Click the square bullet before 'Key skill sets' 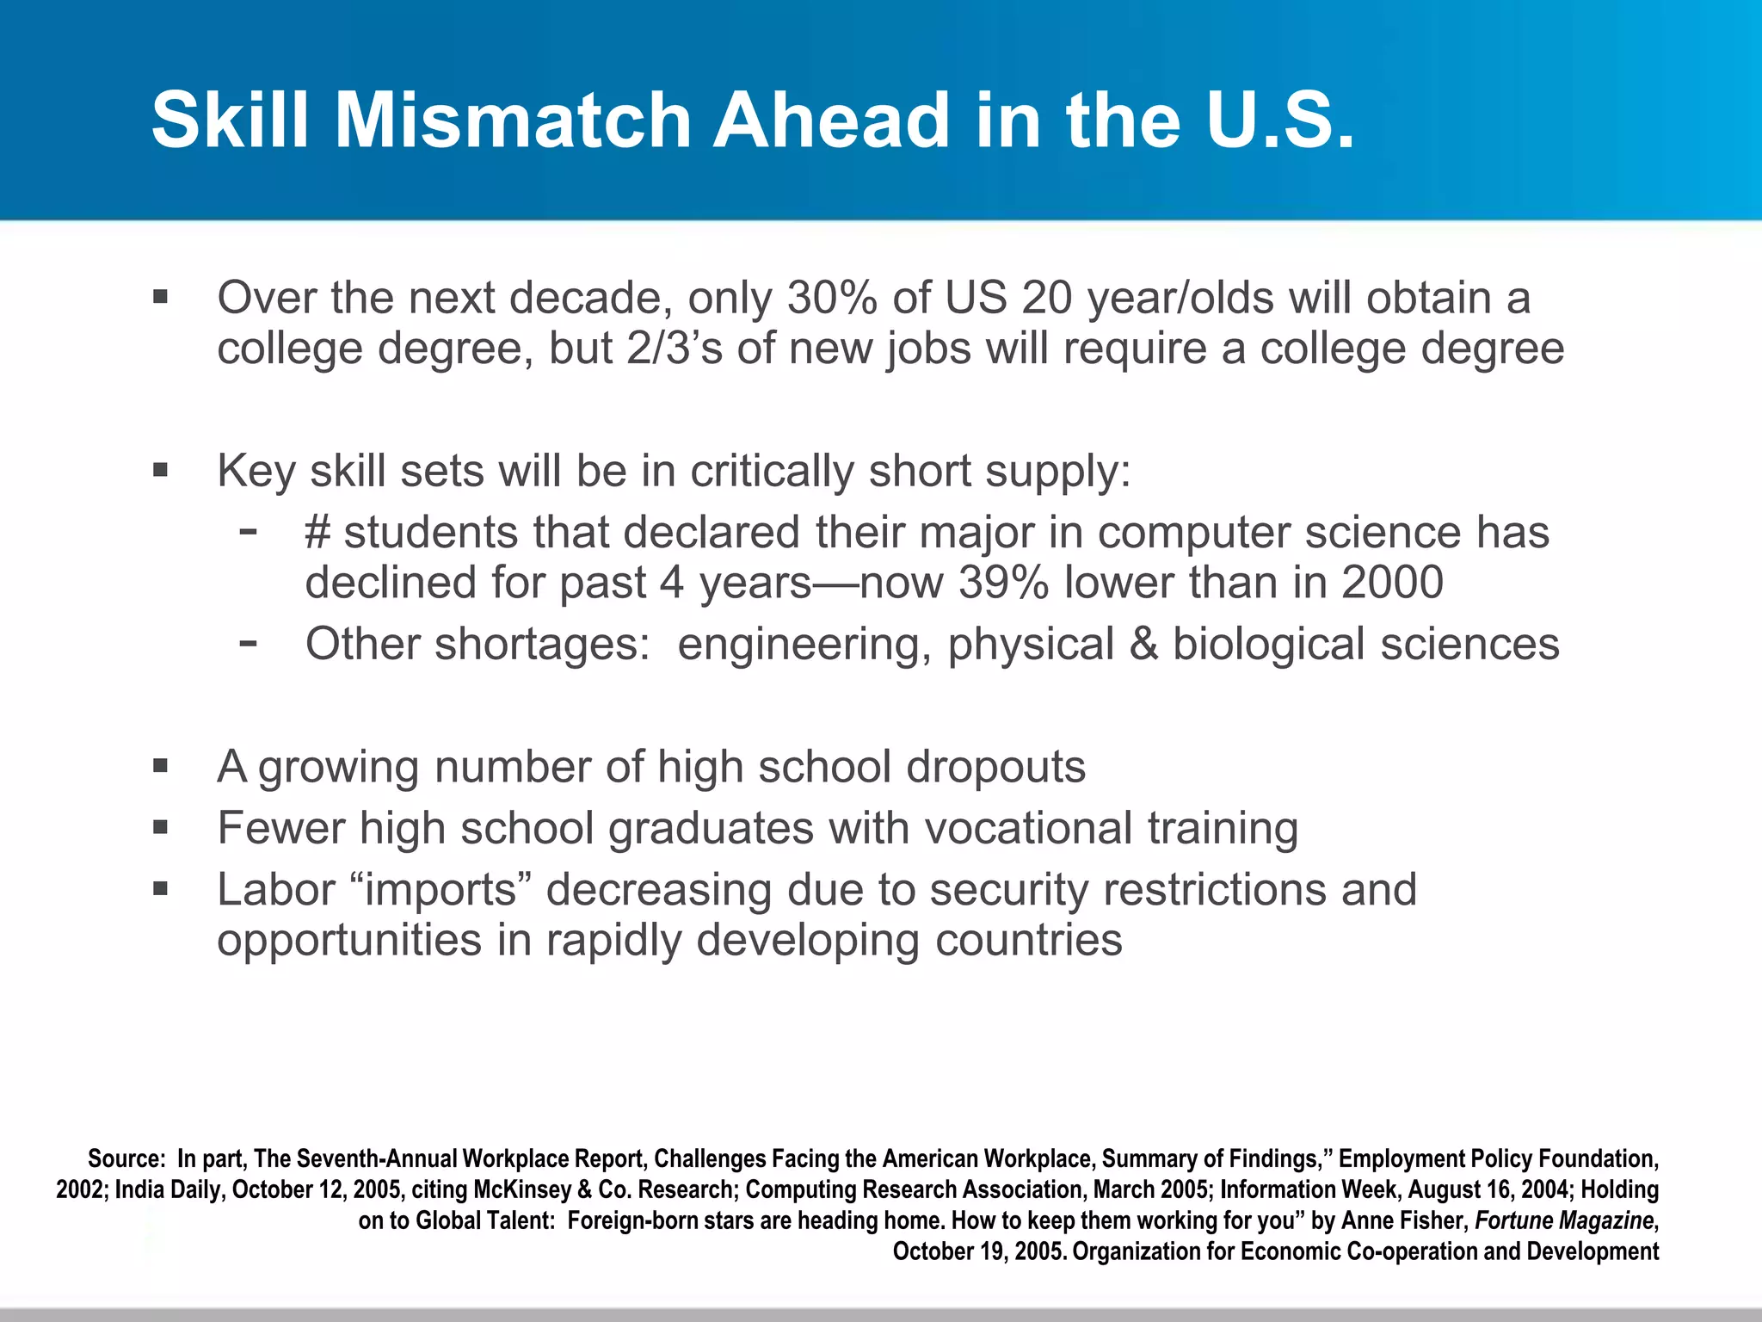click(160, 470)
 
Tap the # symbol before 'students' click(317, 532)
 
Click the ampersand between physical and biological click(1143, 644)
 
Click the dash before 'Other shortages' click(249, 641)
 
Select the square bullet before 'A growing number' click(160, 766)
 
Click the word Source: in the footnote click(126, 1159)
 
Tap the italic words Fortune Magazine click(1563, 1220)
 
